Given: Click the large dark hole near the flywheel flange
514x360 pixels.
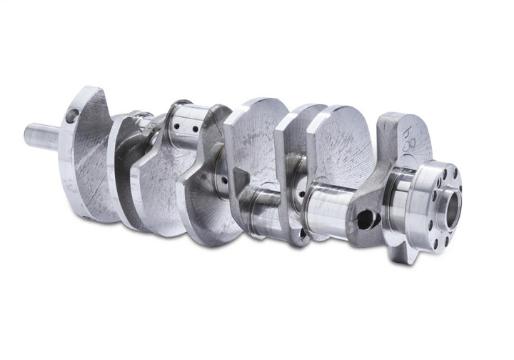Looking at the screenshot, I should point(365,219).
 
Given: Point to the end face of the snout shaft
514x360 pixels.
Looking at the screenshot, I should point(27,133).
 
